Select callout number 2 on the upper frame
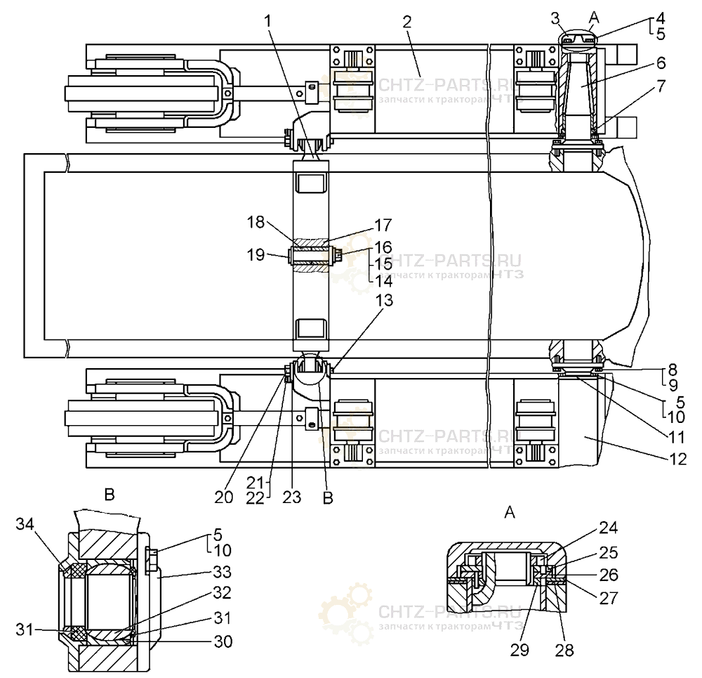(x=406, y=22)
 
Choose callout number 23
(x=292, y=496)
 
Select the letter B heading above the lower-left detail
(x=110, y=495)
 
